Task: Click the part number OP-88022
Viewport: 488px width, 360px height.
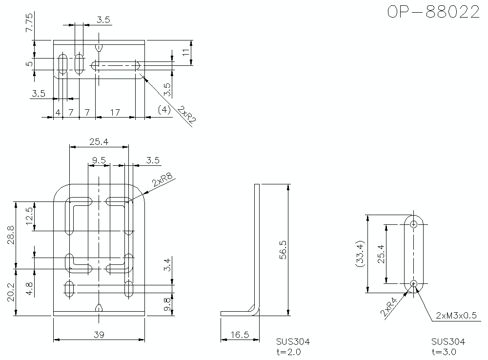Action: (x=433, y=12)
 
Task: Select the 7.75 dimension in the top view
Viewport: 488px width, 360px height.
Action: (x=29, y=22)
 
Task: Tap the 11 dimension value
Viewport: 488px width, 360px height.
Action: (x=186, y=52)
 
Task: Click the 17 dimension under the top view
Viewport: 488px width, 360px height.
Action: (x=115, y=112)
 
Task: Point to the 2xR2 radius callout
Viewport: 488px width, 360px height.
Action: (x=185, y=117)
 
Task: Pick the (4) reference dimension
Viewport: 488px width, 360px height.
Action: (x=164, y=110)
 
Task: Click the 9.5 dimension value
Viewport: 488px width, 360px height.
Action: (x=99, y=160)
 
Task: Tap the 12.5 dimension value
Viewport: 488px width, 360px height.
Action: (x=29, y=216)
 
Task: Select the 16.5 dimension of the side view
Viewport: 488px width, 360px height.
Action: (x=240, y=335)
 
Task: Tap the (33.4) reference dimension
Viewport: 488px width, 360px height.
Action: (x=360, y=254)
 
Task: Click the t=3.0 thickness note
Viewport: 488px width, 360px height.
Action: (x=444, y=351)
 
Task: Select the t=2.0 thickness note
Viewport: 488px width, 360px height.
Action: (x=288, y=351)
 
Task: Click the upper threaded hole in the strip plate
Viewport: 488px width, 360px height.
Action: (x=414, y=224)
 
